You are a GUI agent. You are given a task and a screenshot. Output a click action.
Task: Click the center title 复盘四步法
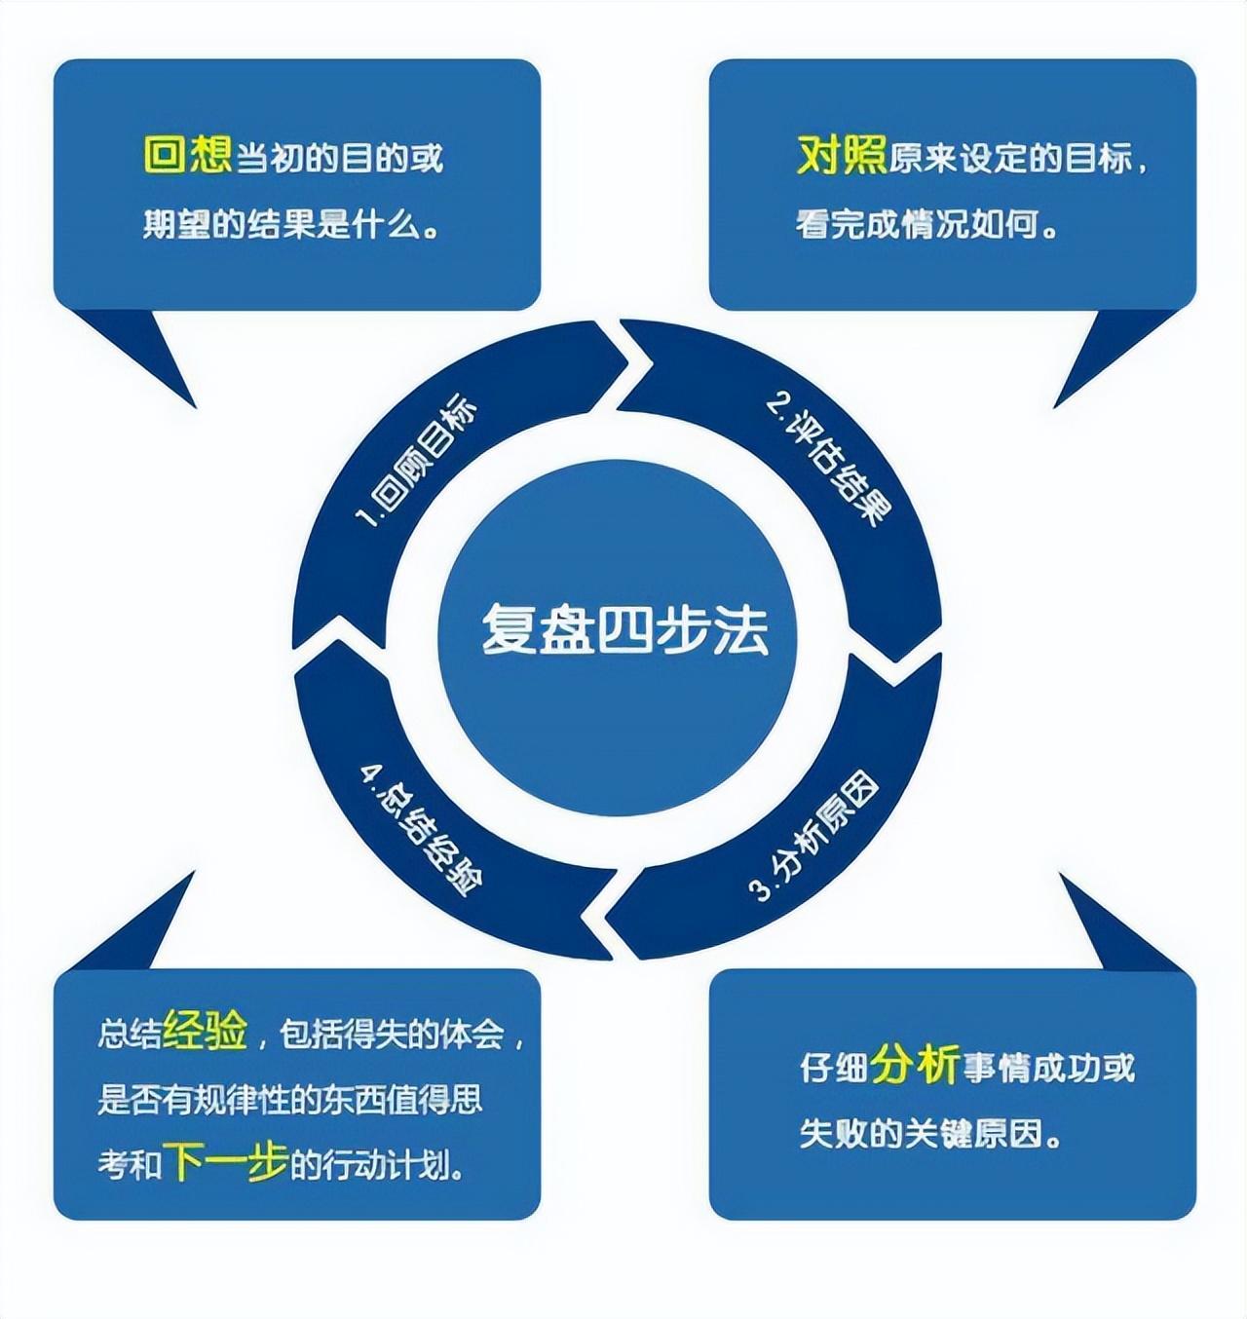pyautogui.click(x=624, y=629)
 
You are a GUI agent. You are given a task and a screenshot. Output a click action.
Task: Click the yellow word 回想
pyautogui.click(x=187, y=155)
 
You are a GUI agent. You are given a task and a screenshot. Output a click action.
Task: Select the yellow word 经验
pyautogui.click(x=206, y=1030)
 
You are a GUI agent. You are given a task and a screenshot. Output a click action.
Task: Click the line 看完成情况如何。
pyautogui.click(x=926, y=225)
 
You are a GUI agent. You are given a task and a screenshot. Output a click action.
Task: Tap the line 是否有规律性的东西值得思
pyautogui.click(x=290, y=1099)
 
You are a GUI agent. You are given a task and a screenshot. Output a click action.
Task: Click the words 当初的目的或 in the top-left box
pyautogui.click(x=340, y=158)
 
